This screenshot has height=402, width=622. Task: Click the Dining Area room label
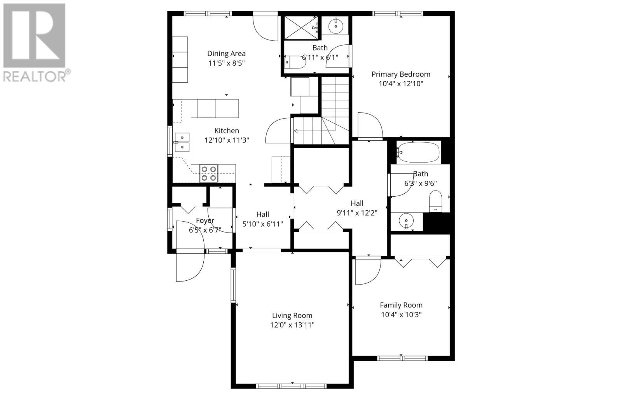(226, 54)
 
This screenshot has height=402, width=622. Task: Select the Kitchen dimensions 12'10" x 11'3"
(227, 140)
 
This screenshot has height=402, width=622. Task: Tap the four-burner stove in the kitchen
(209, 173)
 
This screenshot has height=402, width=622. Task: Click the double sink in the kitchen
(182, 142)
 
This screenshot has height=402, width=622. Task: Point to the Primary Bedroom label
(401, 74)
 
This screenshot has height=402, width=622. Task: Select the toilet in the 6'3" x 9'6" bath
(436, 201)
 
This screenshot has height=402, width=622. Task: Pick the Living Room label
(292, 316)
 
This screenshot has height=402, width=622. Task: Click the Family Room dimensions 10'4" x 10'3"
(401, 315)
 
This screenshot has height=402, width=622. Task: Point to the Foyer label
(205, 220)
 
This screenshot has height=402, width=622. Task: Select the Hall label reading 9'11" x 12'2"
(357, 203)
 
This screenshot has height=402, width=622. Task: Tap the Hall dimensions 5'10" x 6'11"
(262, 224)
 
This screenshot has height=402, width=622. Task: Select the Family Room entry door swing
(367, 271)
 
